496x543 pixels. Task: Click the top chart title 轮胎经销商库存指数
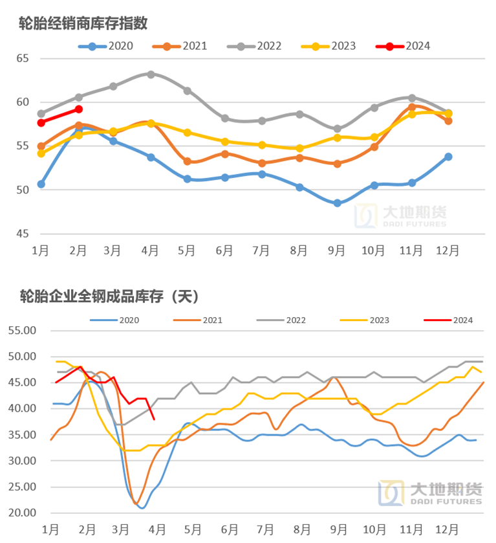coord(84,23)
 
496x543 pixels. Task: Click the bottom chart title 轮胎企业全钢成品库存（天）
coord(109,297)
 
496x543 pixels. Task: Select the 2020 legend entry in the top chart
coord(106,46)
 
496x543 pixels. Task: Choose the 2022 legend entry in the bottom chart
coord(288,320)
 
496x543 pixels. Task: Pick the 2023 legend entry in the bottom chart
coord(370,320)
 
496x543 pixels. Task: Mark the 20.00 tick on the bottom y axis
coord(21,513)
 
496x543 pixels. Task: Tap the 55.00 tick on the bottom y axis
coord(21,330)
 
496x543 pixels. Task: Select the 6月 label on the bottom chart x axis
coord(230,529)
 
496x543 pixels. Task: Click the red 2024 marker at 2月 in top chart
coord(78,109)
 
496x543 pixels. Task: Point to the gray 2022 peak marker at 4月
coord(151,74)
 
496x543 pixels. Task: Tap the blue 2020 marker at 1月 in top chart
coord(41,184)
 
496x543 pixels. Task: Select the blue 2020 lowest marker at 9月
coord(337,203)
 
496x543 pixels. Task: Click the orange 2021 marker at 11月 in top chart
coord(411,107)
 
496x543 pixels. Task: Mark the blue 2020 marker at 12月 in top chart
coord(448,157)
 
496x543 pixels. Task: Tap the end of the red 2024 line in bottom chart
coord(153,419)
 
